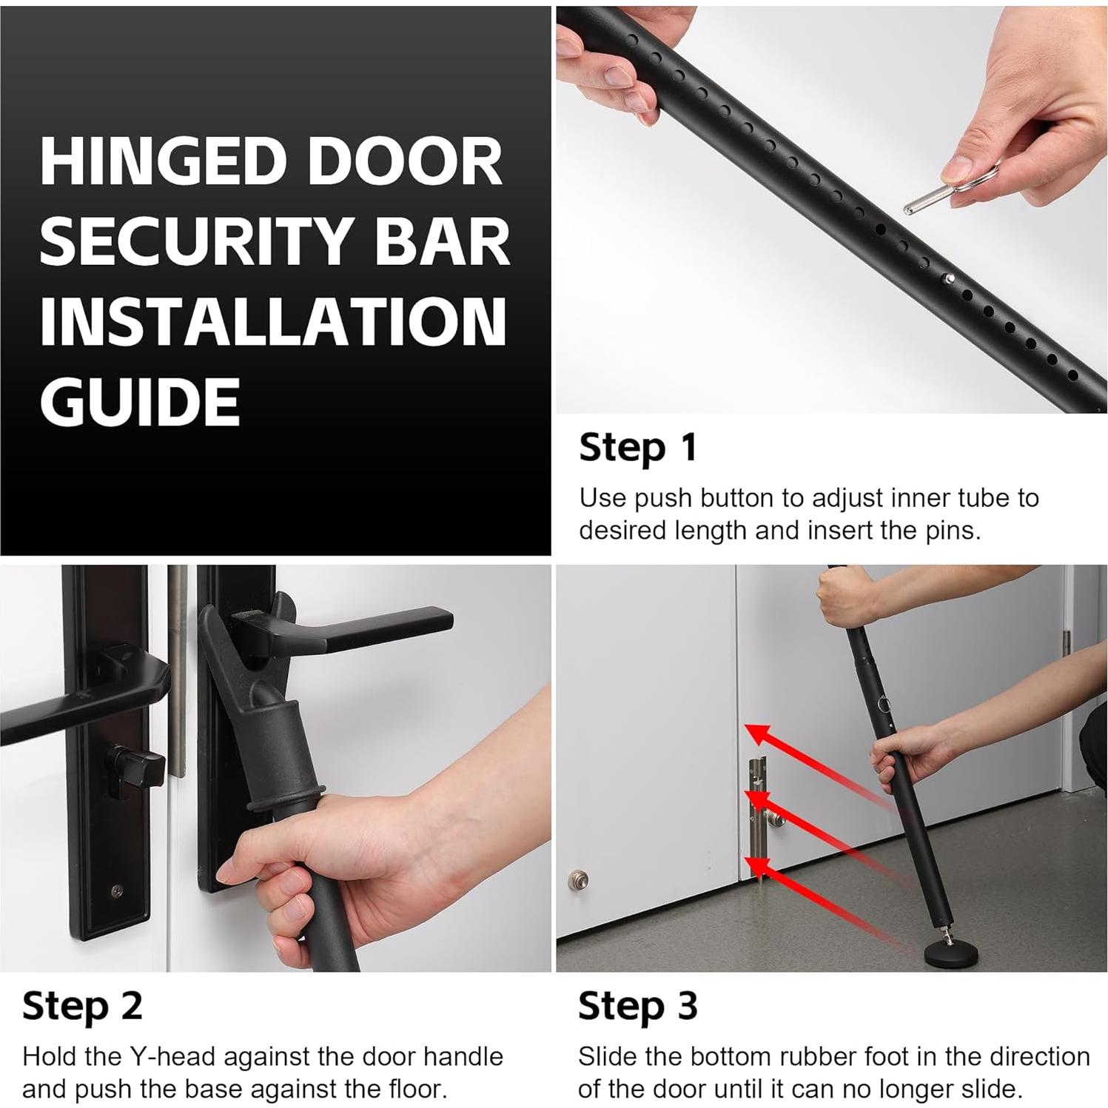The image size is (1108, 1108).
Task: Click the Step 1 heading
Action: tap(637, 448)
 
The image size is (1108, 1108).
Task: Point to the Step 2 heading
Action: tap(82, 1006)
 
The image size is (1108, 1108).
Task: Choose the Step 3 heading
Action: tap(637, 1006)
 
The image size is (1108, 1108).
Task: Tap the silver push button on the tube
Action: tap(950, 279)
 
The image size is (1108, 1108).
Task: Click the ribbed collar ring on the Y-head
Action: tap(285, 802)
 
